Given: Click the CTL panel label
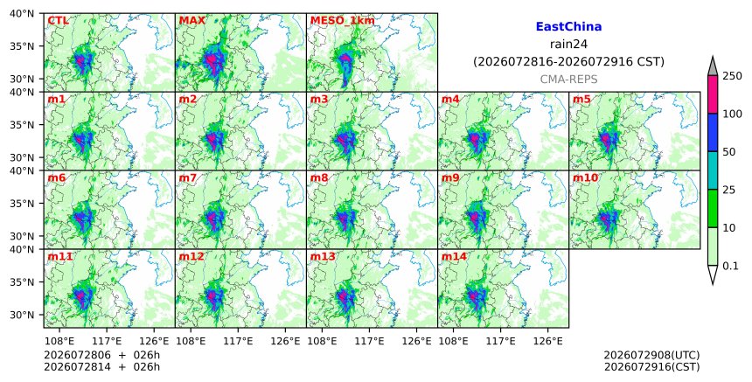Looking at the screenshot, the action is coord(58,21).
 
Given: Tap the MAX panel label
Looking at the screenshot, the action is coord(191,21).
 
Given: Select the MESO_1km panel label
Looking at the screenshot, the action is coord(343,21).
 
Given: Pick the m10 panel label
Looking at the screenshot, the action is coord(585,177).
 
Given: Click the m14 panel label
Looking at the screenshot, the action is coord(454,256).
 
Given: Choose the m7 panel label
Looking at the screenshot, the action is coord(187,177).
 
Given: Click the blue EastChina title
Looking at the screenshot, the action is coord(568,27).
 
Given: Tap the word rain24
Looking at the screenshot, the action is coord(568,44).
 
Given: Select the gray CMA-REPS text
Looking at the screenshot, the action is coord(568,80).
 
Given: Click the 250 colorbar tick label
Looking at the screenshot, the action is coord(732,76).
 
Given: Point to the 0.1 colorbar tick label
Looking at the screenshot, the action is coord(730,266).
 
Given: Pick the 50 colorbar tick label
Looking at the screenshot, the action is coord(729,152).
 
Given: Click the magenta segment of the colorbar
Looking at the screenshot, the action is coord(712,94).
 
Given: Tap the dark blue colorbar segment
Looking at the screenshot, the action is coord(712,133).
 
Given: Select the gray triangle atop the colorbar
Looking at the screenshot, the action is coord(712,67).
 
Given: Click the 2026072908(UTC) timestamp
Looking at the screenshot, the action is coord(651,355).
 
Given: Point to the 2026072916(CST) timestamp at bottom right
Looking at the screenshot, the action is coord(651,367).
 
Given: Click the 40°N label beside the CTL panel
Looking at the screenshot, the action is coord(22,13).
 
